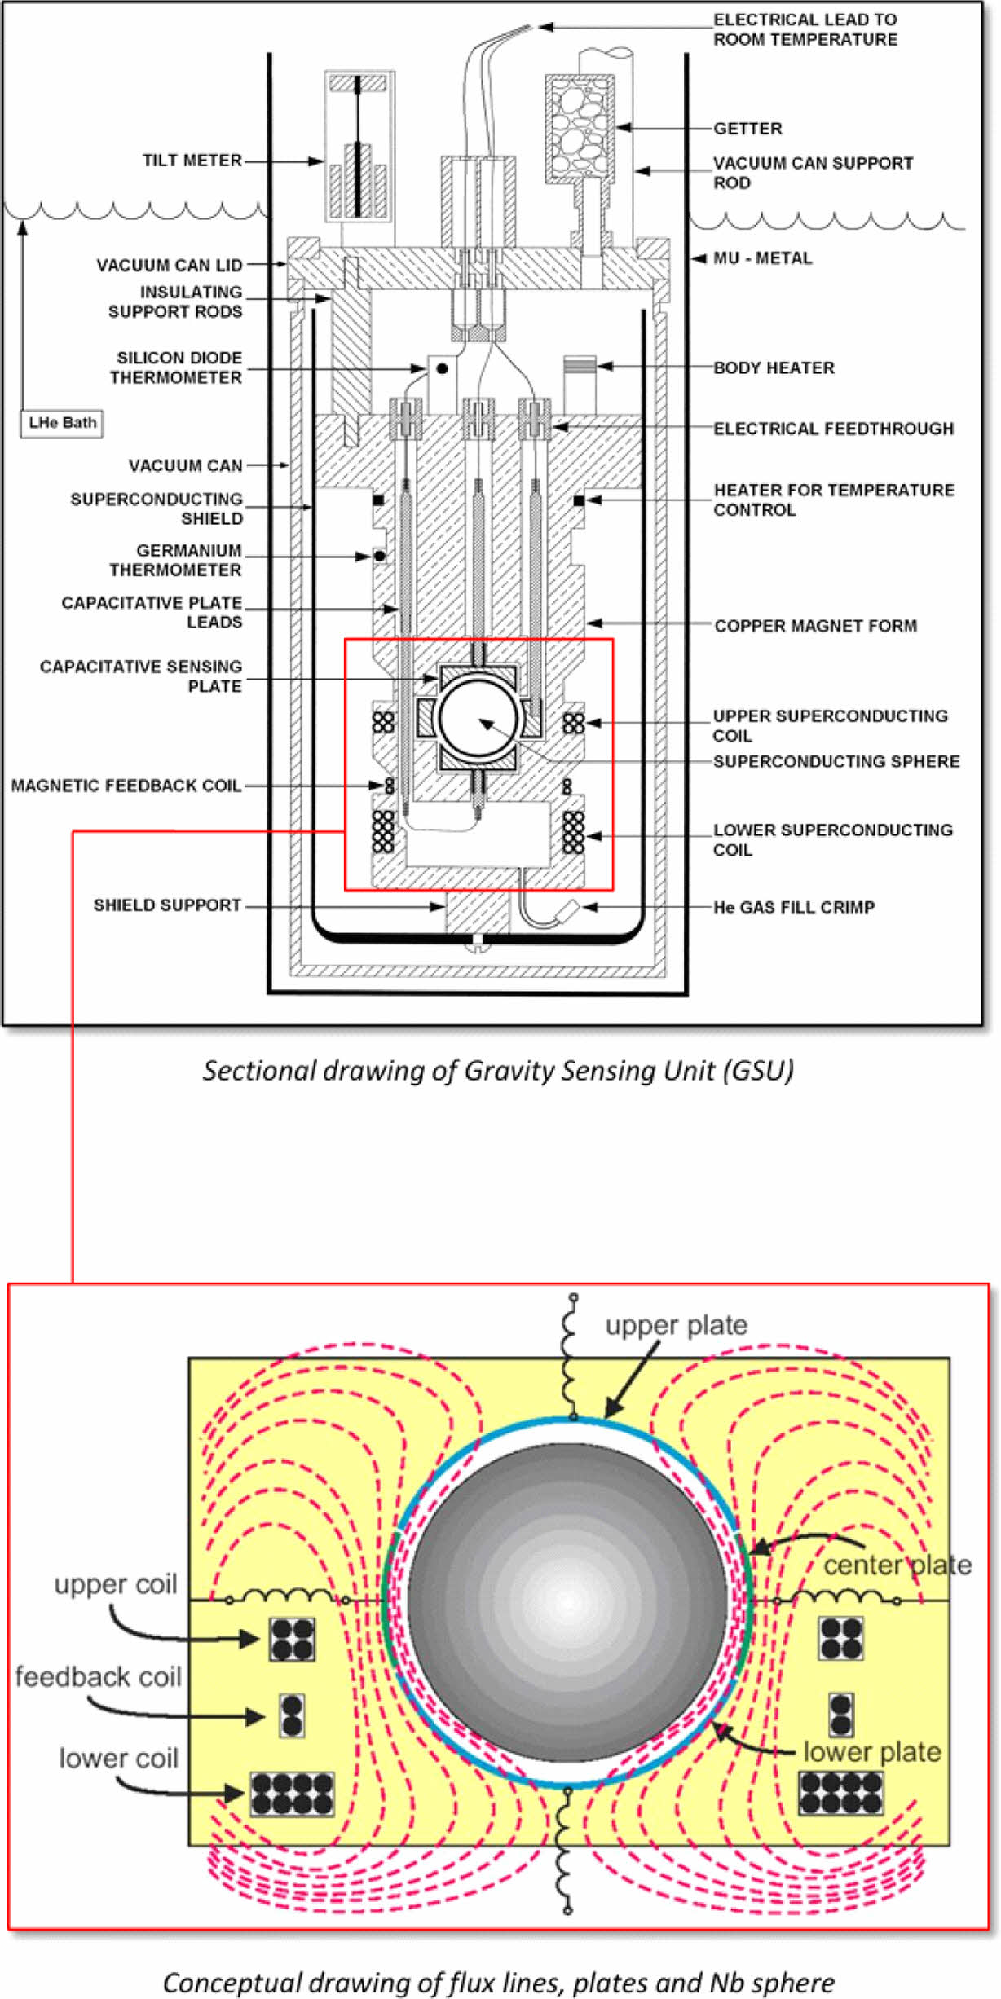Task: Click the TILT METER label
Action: coord(192,161)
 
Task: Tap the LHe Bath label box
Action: coord(62,423)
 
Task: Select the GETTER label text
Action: coord(747,129)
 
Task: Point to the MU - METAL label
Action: coord(762,258)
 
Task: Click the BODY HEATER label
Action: coord(774,368)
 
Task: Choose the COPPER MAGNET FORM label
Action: coord(815,626)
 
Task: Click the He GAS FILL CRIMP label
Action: coord(794,907)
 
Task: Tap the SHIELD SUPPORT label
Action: coord(167,905)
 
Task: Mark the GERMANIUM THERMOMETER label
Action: coord(176,561)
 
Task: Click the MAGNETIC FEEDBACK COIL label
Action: coord(126,786)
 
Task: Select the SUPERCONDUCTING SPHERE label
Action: coord(836,761)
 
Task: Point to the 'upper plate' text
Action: coord(676,1325)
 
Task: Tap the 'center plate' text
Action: coord(897,1565)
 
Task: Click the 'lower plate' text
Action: coord(871,1752)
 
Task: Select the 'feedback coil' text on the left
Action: coord(98,1677)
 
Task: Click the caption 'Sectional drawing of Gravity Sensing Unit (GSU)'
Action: coord(498,1070)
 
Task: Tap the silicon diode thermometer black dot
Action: coord(442,368)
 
